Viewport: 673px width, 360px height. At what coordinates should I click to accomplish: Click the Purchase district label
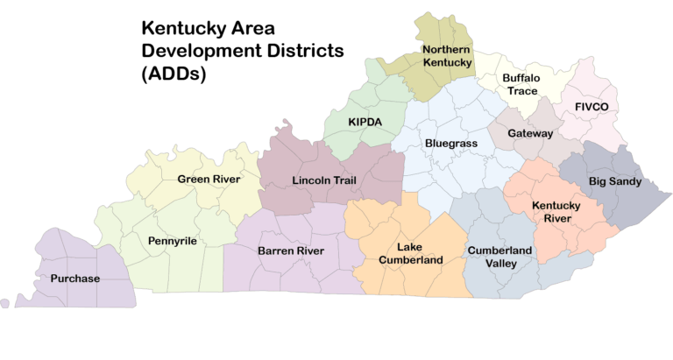tap(74, 279)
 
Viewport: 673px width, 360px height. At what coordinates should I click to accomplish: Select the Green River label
tap(209, 180)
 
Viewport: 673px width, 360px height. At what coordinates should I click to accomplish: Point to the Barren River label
tap(291, 251)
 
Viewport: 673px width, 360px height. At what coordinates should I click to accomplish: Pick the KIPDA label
tap(365, 122)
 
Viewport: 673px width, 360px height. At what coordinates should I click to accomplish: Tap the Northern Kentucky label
tap(447, 56)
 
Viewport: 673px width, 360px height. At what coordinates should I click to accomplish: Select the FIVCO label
tap(597, 106)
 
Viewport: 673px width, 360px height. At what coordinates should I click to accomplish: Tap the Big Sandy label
tap(614, 181)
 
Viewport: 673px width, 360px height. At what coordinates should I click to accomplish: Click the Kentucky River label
tap(556, 211)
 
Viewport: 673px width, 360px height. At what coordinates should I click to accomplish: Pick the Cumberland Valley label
tap(499, 258)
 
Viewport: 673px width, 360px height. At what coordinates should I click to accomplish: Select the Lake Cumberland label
tap(409, 253)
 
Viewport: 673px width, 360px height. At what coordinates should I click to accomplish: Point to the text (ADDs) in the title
tap(173, 75)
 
